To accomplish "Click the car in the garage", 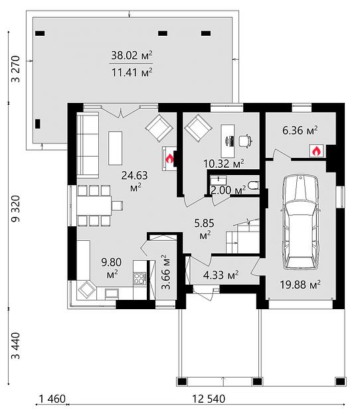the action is click(x=300, y=222).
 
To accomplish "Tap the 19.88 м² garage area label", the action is click(x=300, y=285).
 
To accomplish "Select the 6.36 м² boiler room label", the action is click(x=300, y=130).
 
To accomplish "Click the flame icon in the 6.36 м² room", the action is click(x=317, y=151).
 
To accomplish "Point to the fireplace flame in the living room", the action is click(x=169, y=159).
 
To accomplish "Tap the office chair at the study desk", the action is click(x=245, y=141).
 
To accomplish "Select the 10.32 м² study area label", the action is click(x=224, y=163).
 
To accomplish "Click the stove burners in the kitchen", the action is click(x=139, y=278).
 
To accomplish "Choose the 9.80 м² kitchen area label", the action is click(x=112, y=268).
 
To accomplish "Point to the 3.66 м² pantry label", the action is click(x=166, y=272).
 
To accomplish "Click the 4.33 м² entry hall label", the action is click(x=221, y=275).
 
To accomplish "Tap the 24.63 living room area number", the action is click(x=135, y=175).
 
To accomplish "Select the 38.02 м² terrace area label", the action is click(x=132, y=55).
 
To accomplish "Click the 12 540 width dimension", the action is click(x=209, y=399).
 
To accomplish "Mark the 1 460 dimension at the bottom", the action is click(x=52, y=399).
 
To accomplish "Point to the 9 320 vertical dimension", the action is click(x=15, y=208).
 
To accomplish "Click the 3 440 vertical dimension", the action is click(x=15, y=346).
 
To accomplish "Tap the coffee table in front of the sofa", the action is click(x=116, y=148).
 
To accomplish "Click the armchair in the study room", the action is click(x=198, y=128).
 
